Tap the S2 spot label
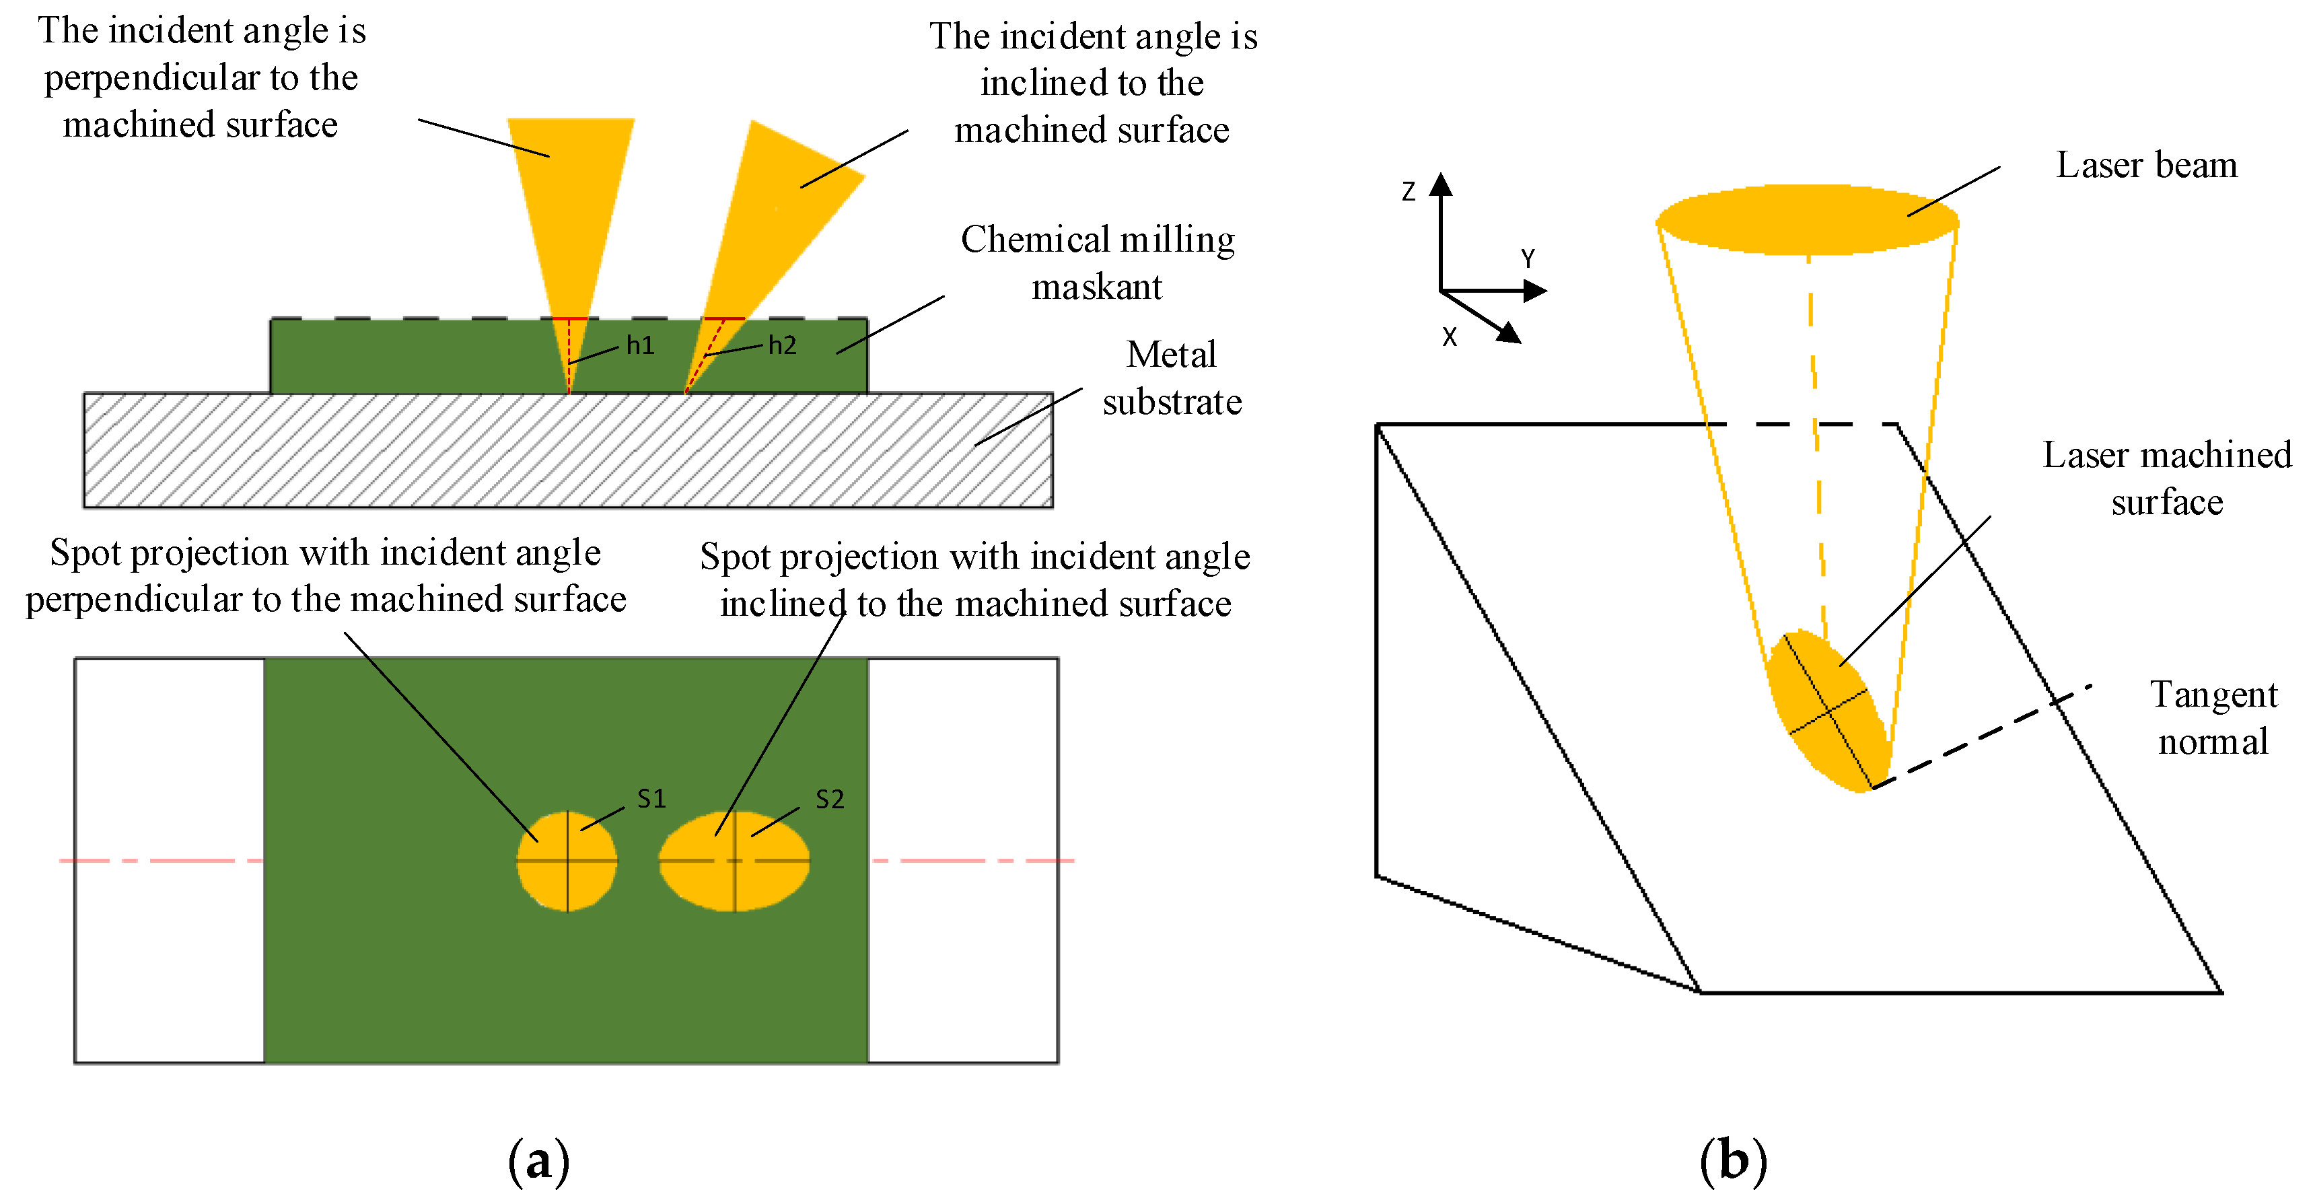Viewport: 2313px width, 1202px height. coord(829,799)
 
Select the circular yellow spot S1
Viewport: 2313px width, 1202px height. coord(567,861)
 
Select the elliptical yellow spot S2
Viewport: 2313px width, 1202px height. coord(734,861)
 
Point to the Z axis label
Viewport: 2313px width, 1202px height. coord(1408,191)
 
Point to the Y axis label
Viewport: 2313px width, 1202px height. coord(1528,258)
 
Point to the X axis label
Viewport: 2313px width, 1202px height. coord(1448,337)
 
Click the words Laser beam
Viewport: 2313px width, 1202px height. coord(2146,165)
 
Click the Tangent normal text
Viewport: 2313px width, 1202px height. coord(2213,718)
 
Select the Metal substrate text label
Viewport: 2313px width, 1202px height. coord(1172,378)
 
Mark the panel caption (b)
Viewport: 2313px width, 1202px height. coord(1732,1161)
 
